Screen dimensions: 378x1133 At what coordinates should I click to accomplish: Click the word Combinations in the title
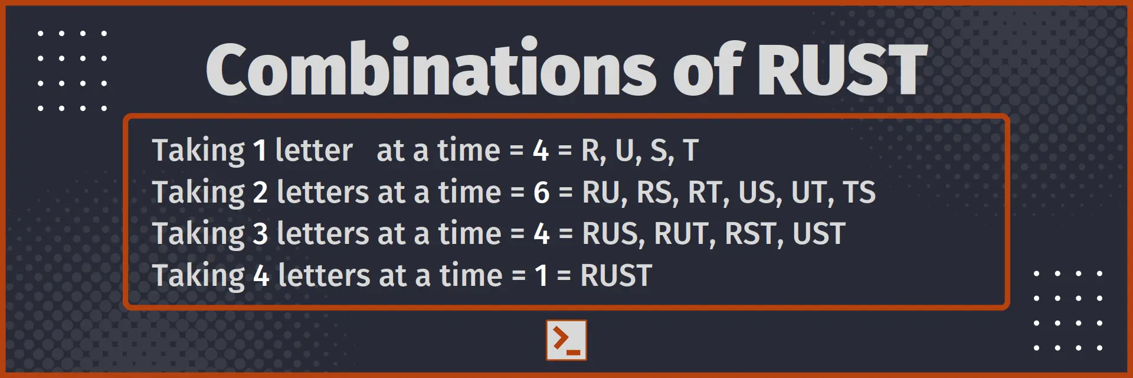click(x=430, y=70)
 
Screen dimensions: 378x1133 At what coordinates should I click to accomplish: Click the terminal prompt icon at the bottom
click(x=566, y=340)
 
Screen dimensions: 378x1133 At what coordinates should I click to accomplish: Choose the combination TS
click(x=859, y=193)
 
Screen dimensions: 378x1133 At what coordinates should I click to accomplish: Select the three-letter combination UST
click(x=819, y=234)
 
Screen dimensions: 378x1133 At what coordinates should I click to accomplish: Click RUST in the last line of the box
click(x=616, y=276)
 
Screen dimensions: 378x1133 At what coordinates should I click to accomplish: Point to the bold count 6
click(x=541, y=193)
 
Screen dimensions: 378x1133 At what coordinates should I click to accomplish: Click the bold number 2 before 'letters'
click(x=260, y=193)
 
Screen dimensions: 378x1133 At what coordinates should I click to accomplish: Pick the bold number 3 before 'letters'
click(x=260, y=234)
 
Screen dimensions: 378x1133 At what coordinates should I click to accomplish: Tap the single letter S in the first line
click(x=659, y=151)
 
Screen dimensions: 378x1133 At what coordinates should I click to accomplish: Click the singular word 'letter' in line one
click(x=314, y=151)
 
